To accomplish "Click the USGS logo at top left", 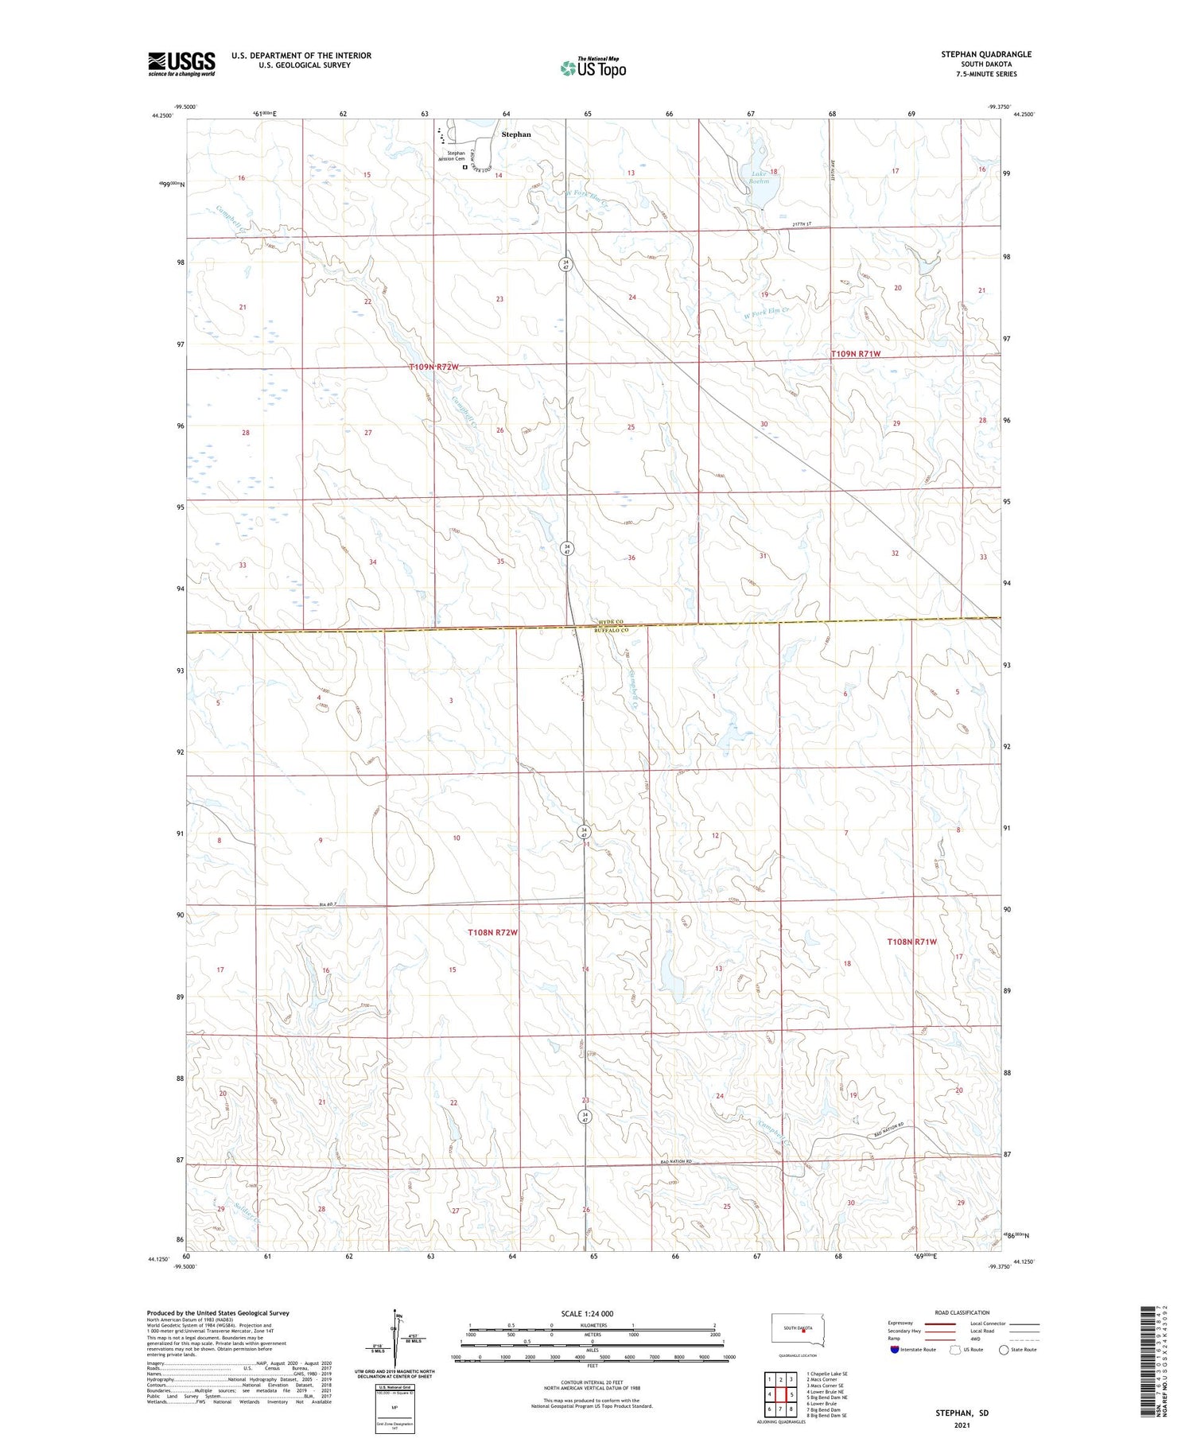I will [181, 64].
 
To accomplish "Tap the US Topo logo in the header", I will [593, 68].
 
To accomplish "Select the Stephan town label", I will [516, 134].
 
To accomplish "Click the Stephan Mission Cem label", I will [456, 156].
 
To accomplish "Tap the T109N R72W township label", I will [433, 367].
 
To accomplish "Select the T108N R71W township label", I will [911, 942].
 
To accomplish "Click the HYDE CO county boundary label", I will [611, 624].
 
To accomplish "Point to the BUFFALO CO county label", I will [611, 631].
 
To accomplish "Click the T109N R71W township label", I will [856, 353].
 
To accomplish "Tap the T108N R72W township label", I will [492, 932].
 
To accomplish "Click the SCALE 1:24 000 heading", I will [587, 1314].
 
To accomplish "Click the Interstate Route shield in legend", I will [895, 1350].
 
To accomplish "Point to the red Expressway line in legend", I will [939, 1323].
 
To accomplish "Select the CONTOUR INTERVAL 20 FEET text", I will [592, 1382].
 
